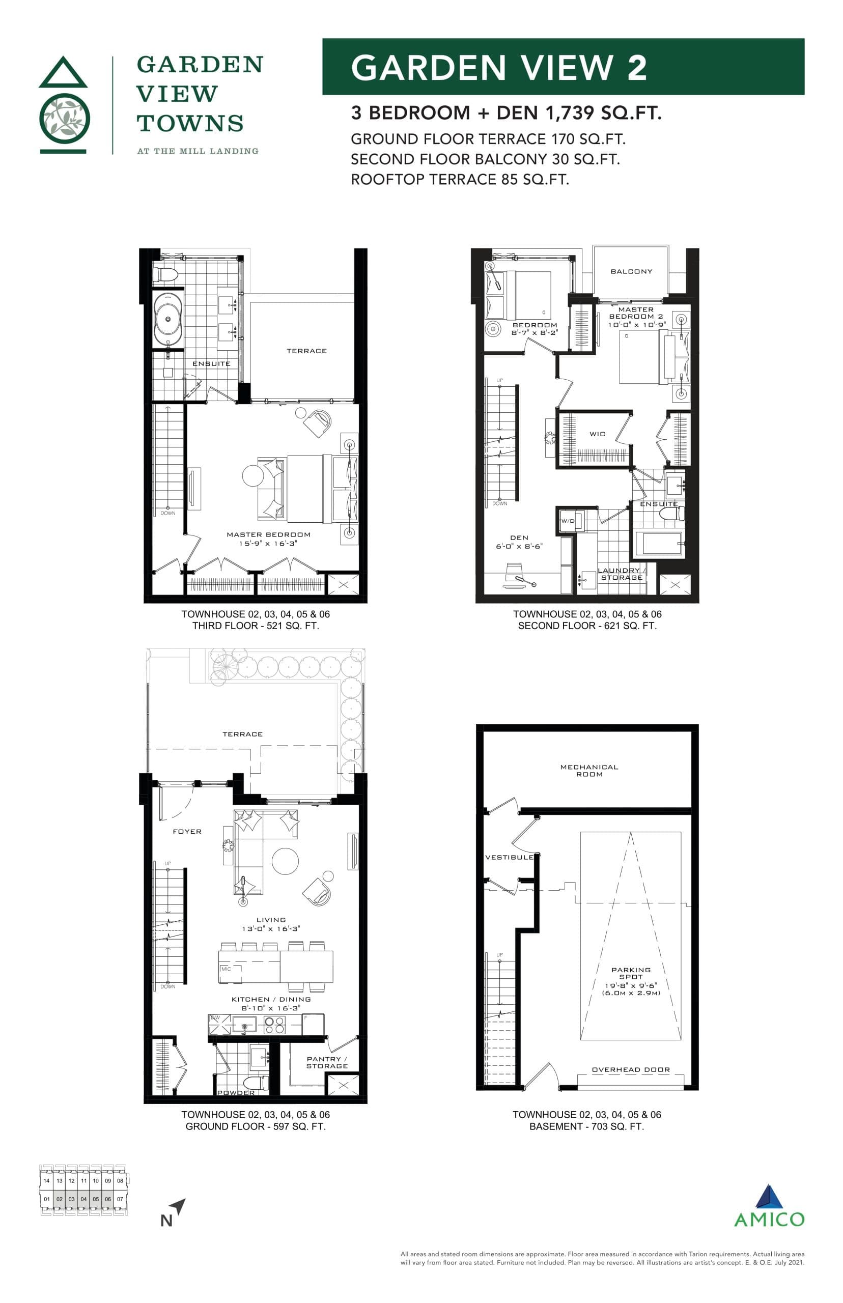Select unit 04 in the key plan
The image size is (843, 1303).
(83, 1199)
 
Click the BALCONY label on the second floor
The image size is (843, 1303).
(631, 271)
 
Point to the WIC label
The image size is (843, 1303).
(597, 434)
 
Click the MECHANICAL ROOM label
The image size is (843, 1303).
(589, 771)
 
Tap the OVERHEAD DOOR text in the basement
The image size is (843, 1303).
(631, 1069)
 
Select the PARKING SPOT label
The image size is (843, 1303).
(631, 973)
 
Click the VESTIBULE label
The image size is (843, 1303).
(509, 857)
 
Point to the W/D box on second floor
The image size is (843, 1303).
(568, 521)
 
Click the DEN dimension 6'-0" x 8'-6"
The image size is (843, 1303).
(519, 546)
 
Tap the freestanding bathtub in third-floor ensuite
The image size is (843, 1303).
(168, 319)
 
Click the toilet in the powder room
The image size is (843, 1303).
(256, 1083)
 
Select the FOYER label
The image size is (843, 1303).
(187, 831)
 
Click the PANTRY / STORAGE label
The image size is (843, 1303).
(327, 1062)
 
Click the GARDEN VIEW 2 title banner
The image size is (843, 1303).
(563, 67)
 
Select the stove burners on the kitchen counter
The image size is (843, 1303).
(274, 1025)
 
